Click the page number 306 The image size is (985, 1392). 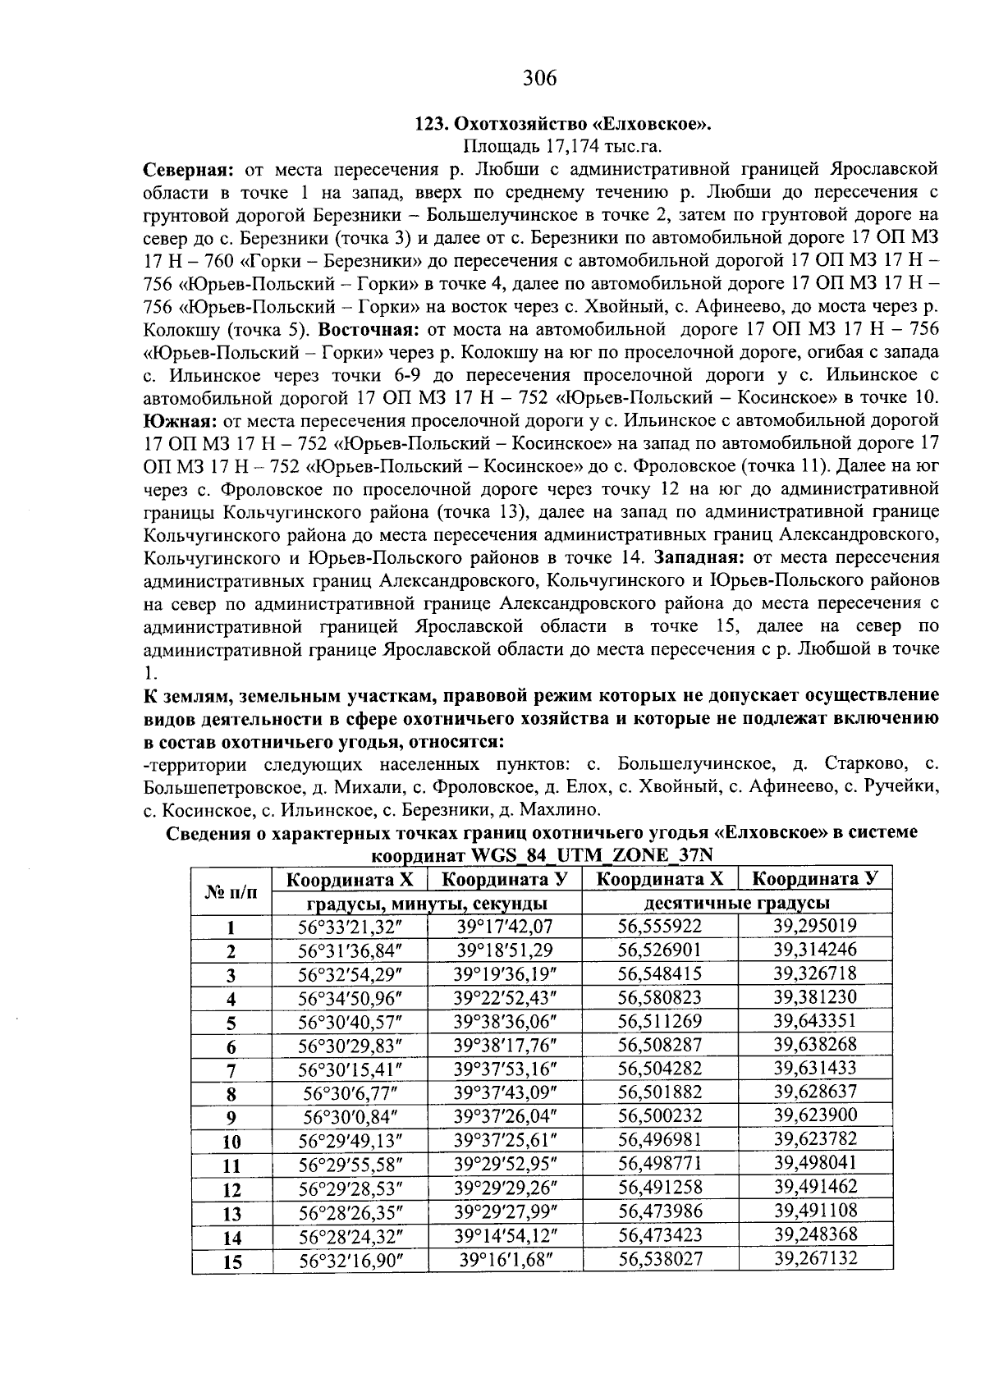(x=539, y=78)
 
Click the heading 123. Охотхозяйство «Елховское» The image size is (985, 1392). (x=562, y=125)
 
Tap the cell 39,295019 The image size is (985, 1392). (x=814, y=927)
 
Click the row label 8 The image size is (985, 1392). (x=231, y=1094)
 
